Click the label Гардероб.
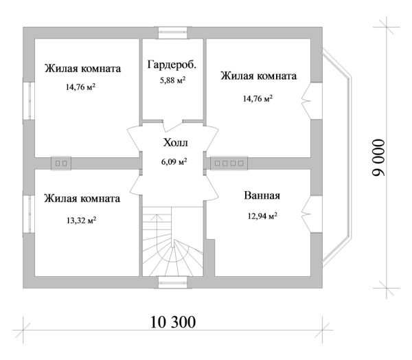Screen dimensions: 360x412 [172, 65]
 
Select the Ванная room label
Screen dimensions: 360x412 [261, 196]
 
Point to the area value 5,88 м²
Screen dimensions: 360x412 [172, 81]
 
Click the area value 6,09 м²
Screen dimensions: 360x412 [173, 162]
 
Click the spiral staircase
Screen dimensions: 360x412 [172, 247]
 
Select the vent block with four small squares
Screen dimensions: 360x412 [229, 164]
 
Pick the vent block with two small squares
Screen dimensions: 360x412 [62, 164]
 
